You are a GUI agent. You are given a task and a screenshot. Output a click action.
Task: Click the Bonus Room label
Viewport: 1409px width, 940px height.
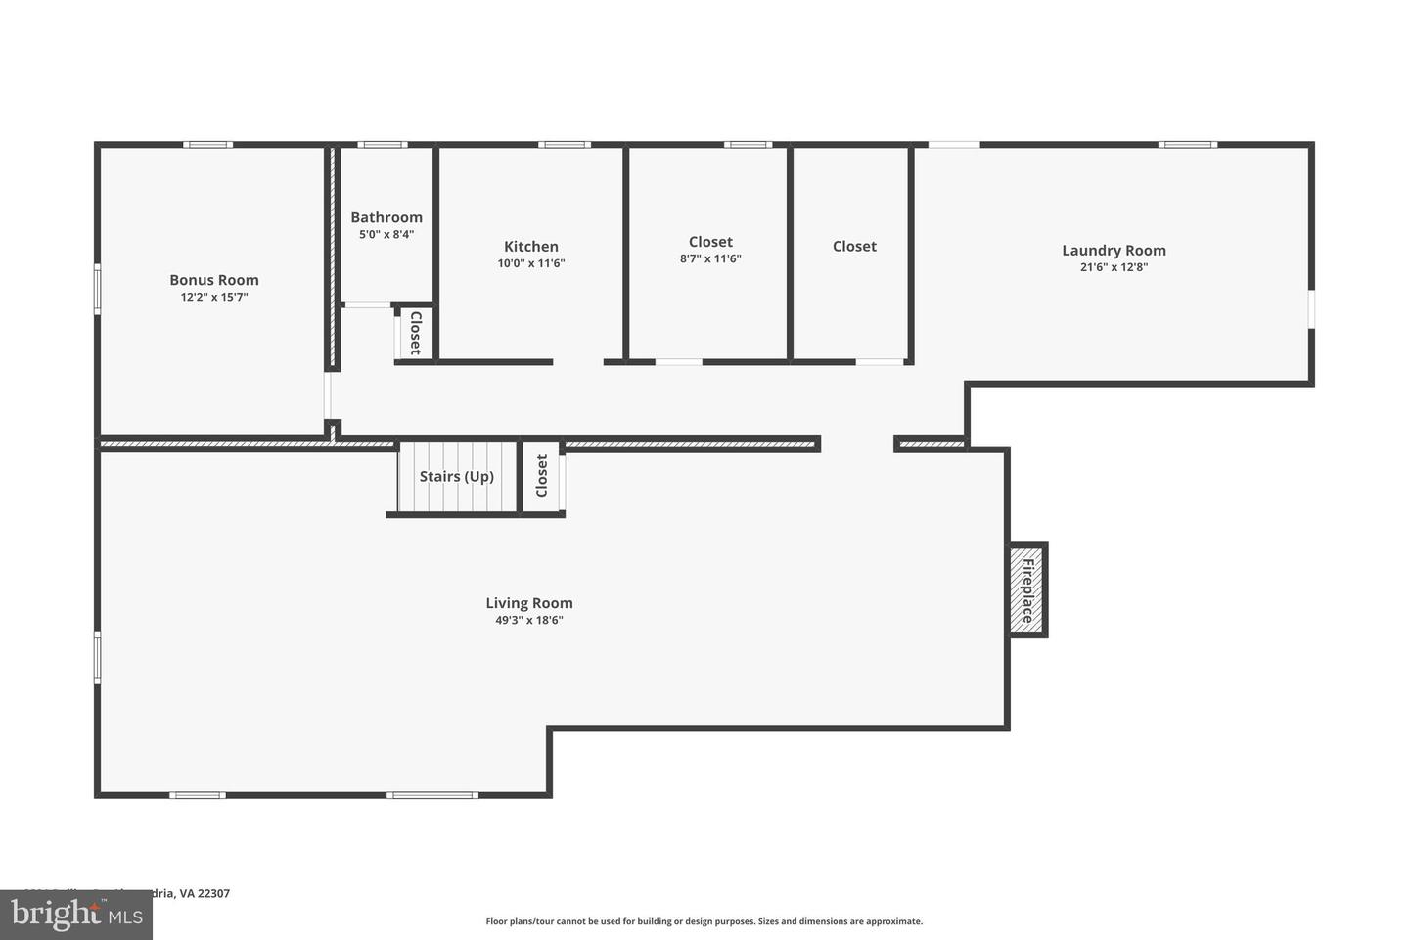click(x=214, y=280)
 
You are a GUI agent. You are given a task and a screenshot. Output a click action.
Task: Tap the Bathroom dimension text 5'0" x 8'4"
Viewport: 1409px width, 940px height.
click(x=386, y=235)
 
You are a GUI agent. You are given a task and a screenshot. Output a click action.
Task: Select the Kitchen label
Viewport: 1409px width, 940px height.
click(x=531, y=247)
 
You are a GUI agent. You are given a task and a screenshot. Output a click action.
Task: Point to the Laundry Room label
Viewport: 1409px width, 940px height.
click(x=1114, y=250)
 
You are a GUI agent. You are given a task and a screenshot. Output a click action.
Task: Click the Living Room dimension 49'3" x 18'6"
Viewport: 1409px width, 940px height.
click(x=529, y=620)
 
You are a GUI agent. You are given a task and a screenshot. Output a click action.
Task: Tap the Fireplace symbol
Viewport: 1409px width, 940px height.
click(x=1027, y=590)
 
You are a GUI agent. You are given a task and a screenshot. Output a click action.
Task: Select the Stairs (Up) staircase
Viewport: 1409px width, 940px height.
click(x=457, y=477)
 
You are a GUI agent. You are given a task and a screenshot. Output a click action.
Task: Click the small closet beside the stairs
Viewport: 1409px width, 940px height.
click(x=541, y=476)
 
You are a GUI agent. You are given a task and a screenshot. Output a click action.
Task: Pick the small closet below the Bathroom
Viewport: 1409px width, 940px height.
click(x=415, y=333)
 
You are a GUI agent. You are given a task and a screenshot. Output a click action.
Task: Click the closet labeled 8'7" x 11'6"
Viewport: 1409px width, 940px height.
click(x=710, y=250)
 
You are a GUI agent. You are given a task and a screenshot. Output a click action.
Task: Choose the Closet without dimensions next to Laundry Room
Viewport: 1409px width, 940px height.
click(x=854, y=247)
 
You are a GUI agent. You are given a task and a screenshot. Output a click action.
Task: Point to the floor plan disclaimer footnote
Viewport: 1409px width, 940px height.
click(x=704, y=921)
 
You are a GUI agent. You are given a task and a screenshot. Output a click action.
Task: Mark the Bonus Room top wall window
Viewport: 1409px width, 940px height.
click(x=208, y=145)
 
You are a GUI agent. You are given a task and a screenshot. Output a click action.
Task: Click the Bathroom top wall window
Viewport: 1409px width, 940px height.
click(x=382, y=145)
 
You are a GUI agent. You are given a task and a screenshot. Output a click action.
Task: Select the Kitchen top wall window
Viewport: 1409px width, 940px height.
click(x=565, y=145)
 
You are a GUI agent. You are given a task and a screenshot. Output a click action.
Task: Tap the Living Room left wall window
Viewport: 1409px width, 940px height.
click(x=98, y=657)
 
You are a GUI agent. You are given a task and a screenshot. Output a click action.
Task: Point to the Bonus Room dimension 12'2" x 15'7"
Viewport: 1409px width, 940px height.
click(x=214, y=297)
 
